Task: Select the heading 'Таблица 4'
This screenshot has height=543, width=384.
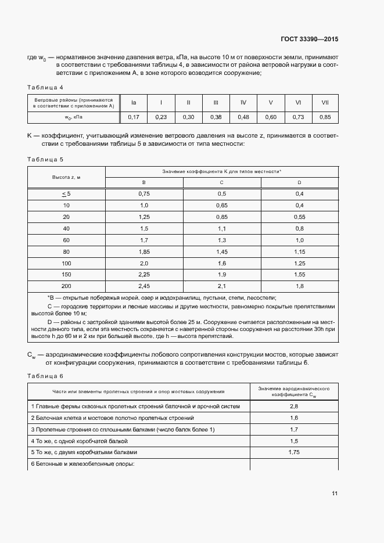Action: click(45, 88)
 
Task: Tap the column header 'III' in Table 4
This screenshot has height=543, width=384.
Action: click(216, 103)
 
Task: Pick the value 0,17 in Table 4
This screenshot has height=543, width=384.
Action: click(133, 117)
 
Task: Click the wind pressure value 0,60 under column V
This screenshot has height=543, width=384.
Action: click(270, 117)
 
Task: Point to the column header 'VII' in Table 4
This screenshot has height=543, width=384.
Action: click(325, 103)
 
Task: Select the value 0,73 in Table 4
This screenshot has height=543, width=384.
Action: click(297, 117)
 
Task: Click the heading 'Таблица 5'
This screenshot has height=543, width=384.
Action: click(45, 159)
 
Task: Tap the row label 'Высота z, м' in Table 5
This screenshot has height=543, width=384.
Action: click(66, 177)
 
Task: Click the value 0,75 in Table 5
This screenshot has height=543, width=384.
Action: click(144, 194)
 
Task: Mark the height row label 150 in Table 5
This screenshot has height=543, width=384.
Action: click(66, 274)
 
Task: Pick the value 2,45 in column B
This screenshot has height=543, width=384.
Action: click(144, 286)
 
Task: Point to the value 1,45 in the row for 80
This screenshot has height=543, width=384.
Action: click(222, 251)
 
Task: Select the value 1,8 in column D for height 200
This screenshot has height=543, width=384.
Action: click(300, 286)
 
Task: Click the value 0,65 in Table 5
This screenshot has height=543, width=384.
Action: click(222, 206)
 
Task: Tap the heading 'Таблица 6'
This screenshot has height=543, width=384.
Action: click(45, 375)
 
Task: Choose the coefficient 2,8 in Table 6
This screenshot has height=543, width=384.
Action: click(293, 407)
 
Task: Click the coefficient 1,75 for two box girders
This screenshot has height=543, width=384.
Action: click(293, 452)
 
